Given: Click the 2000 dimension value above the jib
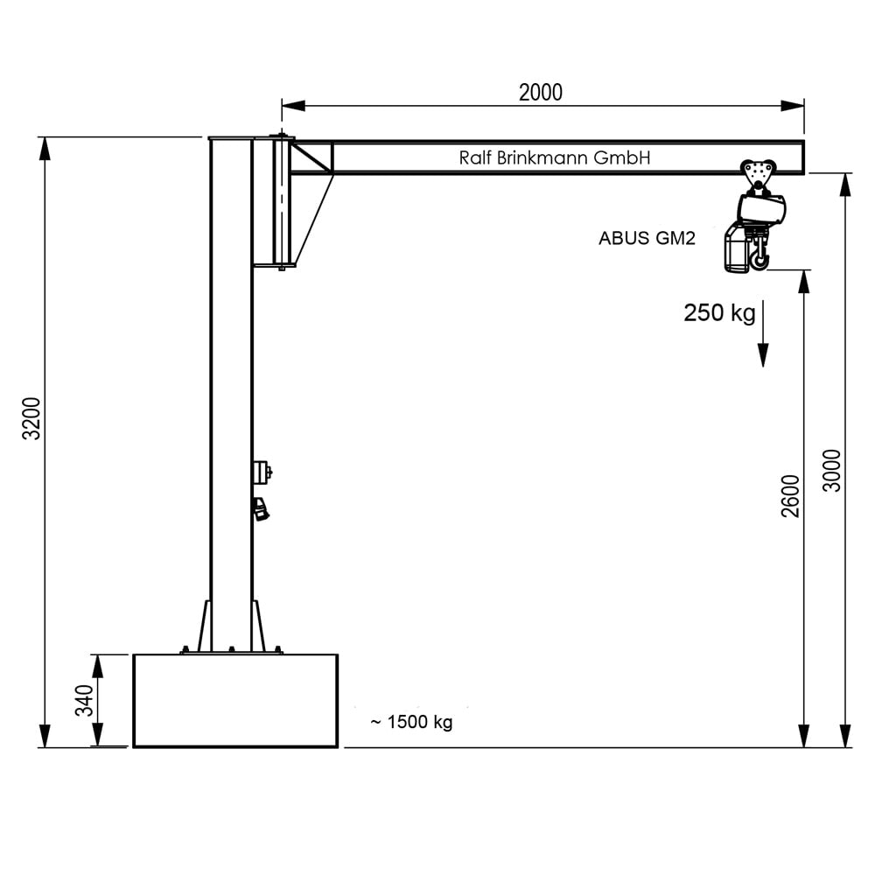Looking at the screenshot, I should tap(540, 92).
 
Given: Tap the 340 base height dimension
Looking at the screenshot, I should tap(84, 701).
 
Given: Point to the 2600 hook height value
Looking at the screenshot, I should tap(791, 495).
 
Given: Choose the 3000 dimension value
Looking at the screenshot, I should tap(832, 471).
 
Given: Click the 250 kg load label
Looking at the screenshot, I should tap(719, 313).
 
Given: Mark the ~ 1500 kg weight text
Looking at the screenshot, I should tap(410, 723).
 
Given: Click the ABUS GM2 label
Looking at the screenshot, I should tap(647, 238).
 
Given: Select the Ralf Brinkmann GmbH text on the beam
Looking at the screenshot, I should tap(555, 158).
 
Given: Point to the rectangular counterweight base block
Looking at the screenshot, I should tap(234, 701).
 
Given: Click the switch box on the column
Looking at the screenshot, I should tap(262, 472).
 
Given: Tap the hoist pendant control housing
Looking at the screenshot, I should tap(736, 249).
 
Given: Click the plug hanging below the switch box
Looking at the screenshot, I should tap(260, 509).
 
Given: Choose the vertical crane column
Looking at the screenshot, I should tap(231, 394).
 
